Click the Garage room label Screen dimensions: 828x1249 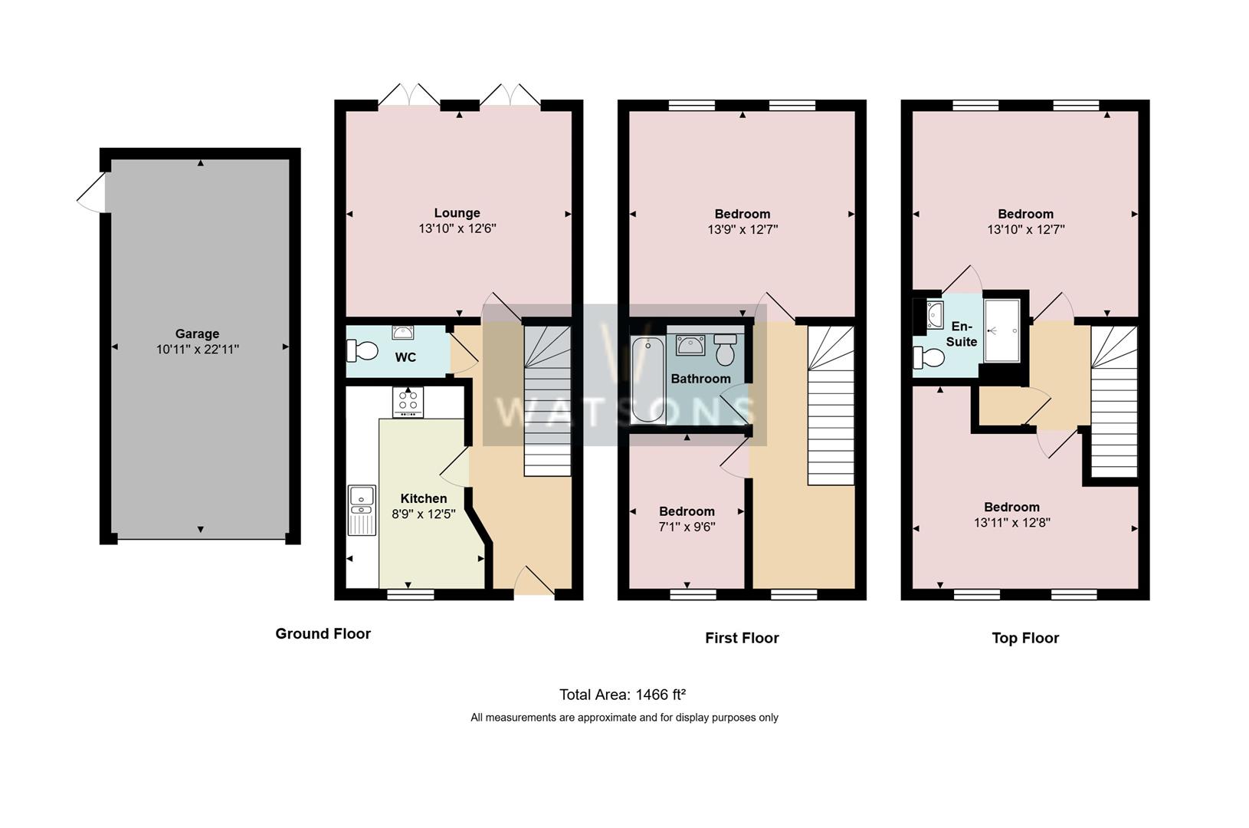pos(197,333)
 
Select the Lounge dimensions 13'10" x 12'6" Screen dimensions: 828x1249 pos(457,228)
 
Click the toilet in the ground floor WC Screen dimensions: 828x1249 pos(363,351)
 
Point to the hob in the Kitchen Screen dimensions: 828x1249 pos(408,402)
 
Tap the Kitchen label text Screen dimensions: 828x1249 pos(423,498)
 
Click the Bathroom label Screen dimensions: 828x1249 pos(700,379)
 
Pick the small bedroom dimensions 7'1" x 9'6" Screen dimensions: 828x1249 pos(687,527)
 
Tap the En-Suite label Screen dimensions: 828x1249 pos(961,334)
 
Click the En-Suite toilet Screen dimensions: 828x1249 pos(929,357)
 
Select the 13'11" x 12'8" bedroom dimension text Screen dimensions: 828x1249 pos(1011,523)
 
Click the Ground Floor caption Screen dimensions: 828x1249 pos(323,634)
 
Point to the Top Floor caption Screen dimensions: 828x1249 pos(1025,638)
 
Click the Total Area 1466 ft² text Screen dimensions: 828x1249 pos(622,695)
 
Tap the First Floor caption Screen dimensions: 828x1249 pos(742,638)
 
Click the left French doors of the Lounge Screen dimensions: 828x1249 pos(409,95)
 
